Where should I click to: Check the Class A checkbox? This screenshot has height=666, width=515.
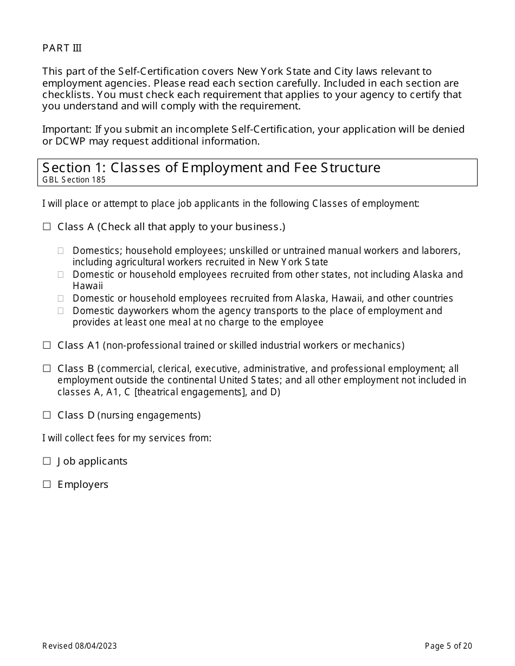click(x=47, y=227)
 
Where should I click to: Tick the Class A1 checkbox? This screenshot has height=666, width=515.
click(x=47, y=345)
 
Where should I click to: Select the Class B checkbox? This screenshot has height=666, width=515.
click(x=47, y=369)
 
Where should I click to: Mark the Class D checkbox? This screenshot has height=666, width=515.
click(x=47, y=415)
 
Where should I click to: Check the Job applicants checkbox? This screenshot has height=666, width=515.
click(x=47, y=461)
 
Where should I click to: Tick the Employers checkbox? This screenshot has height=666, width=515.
click(x=47, y=485)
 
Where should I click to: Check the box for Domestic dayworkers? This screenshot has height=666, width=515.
click(x=61, y=311)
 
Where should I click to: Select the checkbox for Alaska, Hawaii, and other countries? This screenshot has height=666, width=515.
click(x=61, y=298)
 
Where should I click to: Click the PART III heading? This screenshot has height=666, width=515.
click(x=62, y=48)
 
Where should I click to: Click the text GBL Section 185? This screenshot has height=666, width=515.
click(x=74, y=180)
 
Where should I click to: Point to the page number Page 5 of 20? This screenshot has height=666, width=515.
click(x=448, y=645)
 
